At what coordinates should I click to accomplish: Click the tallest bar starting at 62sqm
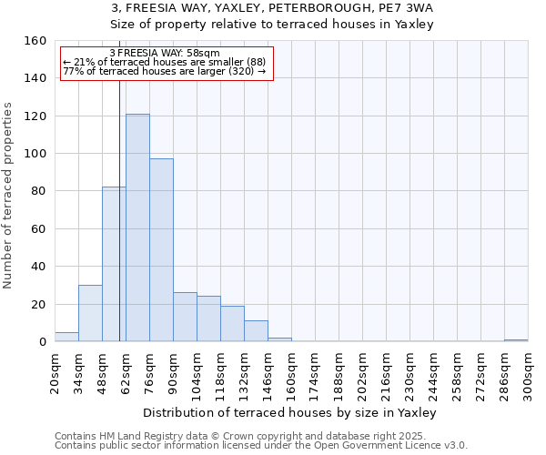pyautogui.click(x=137, y=227)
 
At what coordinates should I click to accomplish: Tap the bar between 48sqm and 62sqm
pyautogui.click(x=114, y=264)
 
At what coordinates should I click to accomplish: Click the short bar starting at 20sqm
pyautogui.click(x=66, y=337)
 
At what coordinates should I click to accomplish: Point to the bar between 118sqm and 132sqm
pyautogui.click(x=232, y=324)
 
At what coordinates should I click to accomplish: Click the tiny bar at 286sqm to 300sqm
pyautogui.click(x=516, y=340)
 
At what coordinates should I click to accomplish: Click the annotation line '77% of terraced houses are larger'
pyautogui.click(x=165, y=71)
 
